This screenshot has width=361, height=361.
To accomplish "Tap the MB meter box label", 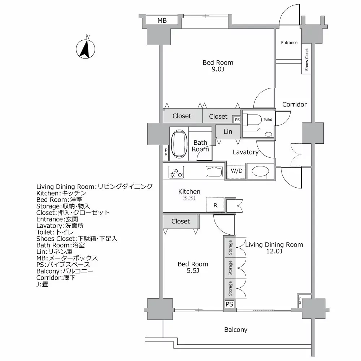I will (162, 21).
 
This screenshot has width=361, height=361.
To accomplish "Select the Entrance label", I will (289, 43).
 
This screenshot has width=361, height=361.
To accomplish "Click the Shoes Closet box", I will (306, 59).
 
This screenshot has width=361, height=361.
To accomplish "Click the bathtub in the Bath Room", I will (178, 143).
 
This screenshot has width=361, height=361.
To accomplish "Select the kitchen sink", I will (215, 171).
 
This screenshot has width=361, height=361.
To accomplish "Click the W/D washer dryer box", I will (236, 171).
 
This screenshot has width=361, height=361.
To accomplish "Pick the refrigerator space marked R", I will (215, 205).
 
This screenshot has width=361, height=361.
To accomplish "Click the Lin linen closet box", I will (228, 132).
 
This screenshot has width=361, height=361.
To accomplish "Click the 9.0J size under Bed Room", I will (218, 69).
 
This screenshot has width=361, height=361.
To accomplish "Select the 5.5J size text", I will (193, 271).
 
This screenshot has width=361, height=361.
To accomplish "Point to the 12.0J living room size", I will (274, 251).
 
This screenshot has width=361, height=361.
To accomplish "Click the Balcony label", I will (235, 330).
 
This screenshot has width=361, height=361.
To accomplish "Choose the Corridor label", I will (294, 104).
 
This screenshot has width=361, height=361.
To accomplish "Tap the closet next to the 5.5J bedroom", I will (180, 221).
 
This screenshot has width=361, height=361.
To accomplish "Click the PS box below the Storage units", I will (229, 304).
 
